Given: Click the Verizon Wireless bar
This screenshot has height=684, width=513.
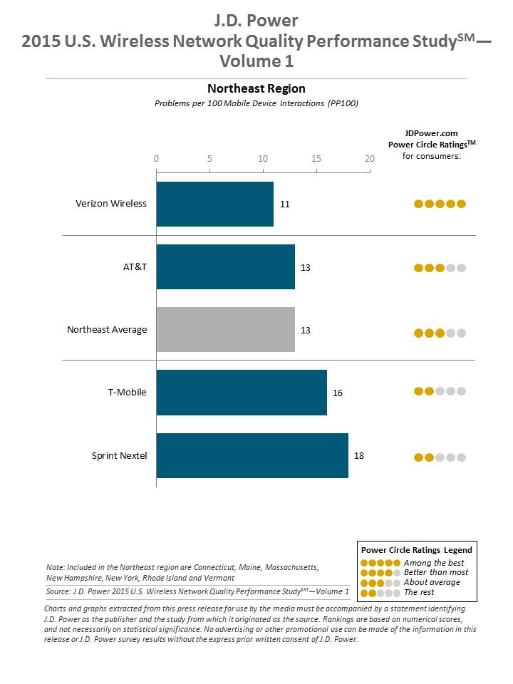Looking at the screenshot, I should (x=214, y=204).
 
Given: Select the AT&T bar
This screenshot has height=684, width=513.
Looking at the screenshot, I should (x=225, y=267).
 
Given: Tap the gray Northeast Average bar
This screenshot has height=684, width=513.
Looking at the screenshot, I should (x=225, y=330).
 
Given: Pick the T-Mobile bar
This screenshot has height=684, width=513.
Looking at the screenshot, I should (x=242, y=393).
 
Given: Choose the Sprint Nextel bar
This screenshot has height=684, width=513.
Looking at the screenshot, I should (x=252, y=455).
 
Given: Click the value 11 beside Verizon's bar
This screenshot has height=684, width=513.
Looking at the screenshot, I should (x=285, y=204).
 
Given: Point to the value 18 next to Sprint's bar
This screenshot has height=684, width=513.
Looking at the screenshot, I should (x=359, y=455).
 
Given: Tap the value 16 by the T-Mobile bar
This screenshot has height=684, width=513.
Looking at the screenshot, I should (x=338, y=393).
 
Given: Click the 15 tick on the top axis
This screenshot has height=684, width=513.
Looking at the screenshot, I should (x=316, y=158).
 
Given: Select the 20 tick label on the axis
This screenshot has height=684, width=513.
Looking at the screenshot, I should (x=369, y=158).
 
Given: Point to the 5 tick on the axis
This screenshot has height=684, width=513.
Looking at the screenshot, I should (x=209, y=158).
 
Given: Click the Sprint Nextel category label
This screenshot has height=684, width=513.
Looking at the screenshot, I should (x=119, y=455).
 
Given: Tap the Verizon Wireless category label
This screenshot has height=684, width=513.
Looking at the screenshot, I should (x=111, y=204).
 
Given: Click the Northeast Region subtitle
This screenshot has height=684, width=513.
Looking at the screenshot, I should (x=256, y=89).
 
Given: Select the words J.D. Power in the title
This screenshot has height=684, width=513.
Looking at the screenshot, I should (x=256, y=20).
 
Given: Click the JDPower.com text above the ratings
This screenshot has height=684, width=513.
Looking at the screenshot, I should (x=431, y=133).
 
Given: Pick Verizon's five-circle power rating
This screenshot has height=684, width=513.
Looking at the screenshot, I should (x=440, y=204).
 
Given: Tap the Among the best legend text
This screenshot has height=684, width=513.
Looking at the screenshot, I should (x=433, y=563).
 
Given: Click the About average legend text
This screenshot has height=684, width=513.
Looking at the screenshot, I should (x=432, y=582).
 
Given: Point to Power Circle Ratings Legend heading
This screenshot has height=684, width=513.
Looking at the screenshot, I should (x=416, y=550).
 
